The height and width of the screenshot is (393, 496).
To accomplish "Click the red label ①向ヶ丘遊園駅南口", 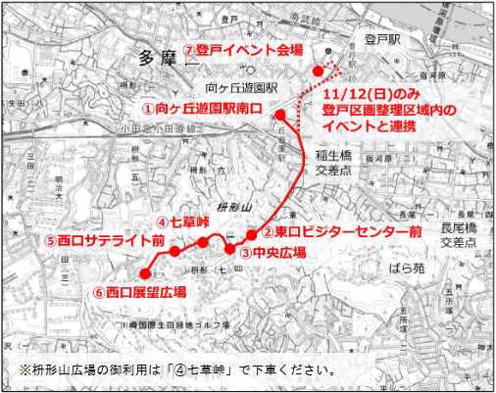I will tap(203, 107).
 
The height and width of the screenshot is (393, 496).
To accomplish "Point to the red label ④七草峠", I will tap(184, 222).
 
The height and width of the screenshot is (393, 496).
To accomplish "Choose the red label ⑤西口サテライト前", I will tap(103, 238).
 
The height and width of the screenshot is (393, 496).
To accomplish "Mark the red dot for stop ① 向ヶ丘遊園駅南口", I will tap(280, 115).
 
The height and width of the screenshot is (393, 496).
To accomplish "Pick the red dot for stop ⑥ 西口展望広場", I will tap(145, 273).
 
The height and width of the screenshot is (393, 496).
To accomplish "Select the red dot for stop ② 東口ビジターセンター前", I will tap(251, 234).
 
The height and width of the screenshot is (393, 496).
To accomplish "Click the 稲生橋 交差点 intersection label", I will tap(333, 163).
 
